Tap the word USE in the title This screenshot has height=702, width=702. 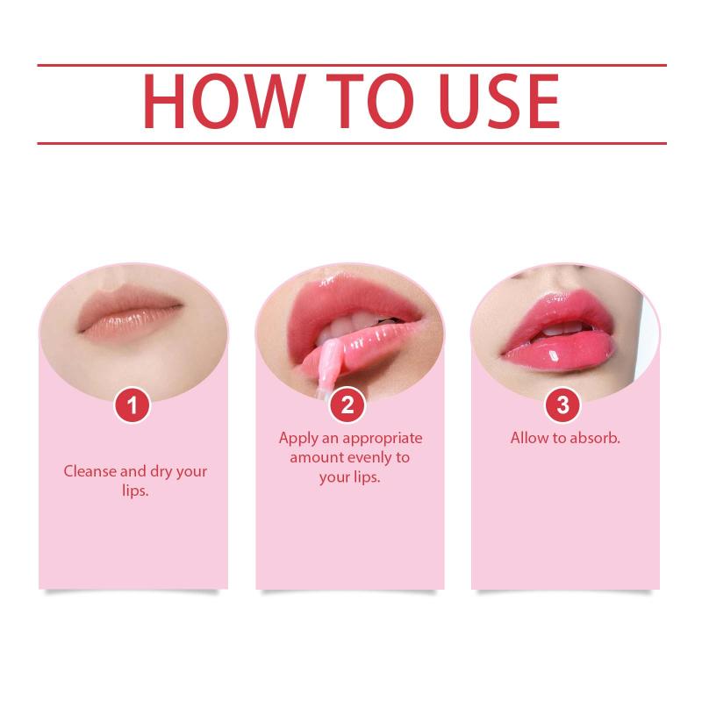coord(499,101)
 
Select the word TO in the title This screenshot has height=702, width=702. coord(370,101)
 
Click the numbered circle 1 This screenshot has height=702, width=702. coord(133,405)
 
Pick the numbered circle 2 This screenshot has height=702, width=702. coord(347,405)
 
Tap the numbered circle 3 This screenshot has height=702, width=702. coord(562,405)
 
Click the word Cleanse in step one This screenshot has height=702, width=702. coord(90,471)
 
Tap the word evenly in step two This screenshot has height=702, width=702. coord(369,458)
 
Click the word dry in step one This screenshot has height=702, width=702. coord(161,472)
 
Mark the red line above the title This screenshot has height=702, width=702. coord(352,65)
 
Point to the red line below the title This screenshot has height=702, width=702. coord(352,143)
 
